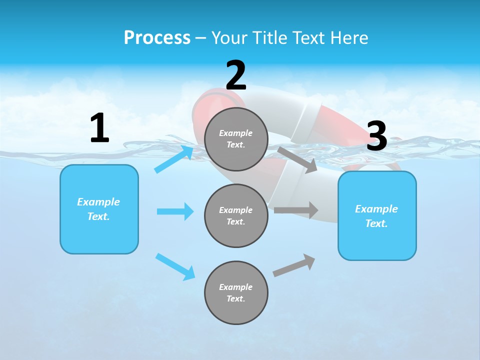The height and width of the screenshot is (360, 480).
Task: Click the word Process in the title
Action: tap(157, 38)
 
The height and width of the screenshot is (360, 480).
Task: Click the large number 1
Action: tap(99, 128)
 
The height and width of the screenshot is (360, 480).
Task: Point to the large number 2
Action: tap(236, 75)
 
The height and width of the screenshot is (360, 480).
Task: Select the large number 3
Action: tap(377, 136)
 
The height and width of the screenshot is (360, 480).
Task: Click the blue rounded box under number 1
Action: tap(99, 209)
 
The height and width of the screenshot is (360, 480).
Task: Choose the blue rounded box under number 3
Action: tap(377, 216)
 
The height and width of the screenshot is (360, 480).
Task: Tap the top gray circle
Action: tap(236, 139)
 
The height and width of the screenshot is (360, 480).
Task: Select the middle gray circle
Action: tap(236, 215)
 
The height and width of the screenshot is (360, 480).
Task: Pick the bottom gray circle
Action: tap(236, 292)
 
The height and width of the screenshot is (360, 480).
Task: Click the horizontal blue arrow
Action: tap(175, 211)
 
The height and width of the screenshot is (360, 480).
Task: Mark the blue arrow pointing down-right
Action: tap(175, 266)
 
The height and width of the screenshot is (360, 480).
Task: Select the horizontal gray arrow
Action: tap(296, 210)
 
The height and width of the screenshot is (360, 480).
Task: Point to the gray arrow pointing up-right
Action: tap(294, 265)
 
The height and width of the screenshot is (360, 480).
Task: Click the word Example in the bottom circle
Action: tap(236, 287)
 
